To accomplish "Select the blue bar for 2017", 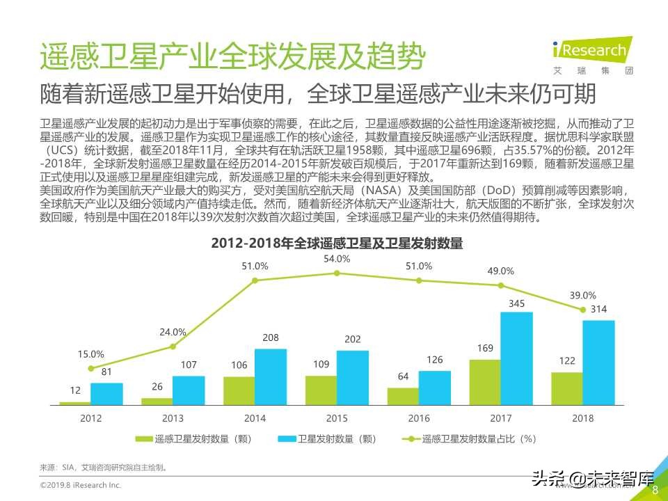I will point(516,358).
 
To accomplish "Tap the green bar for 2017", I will point(484,382).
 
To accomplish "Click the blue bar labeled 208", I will point(271,376).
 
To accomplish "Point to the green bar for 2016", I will point(403,396).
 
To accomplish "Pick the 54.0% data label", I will point(337,259).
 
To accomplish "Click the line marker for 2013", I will point(173,347).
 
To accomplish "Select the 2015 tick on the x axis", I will point(337,418).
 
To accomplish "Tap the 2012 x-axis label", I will point(90,418).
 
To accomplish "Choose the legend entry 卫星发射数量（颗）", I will point(327,439).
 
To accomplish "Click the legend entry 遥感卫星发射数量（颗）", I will point(193,439).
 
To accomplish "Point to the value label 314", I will point(598,310).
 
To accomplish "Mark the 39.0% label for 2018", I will point(583,295).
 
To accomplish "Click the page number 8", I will point(654,490).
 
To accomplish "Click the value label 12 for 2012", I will point(74,391).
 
